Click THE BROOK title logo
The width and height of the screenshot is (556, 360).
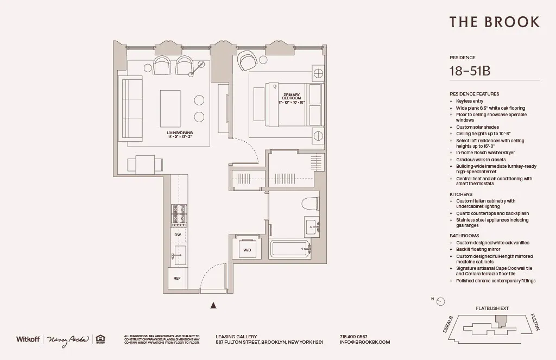click(x=494, y=22)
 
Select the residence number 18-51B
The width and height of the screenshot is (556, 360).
click(x=470, y=71)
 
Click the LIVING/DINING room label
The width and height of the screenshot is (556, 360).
click(x=180, y=135)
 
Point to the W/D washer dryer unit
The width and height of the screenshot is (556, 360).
click(x=247, y=249)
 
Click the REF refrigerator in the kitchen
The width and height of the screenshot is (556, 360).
click(x=177, y=278)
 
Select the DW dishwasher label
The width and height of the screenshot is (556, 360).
click(x=178, y=235)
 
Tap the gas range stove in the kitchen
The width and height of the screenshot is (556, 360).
click(x=179, y=214)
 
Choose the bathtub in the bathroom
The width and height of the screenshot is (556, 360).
click(x=290, y=249)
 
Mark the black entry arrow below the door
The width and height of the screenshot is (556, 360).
click(x=213, y=306)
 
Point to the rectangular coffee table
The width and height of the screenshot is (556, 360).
click(x=170, y=107)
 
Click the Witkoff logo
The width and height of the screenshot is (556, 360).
click(x=28, y=339)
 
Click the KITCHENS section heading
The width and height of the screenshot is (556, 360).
click(x=461, y=194)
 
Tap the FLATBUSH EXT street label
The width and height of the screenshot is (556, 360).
click(x=492, y=308)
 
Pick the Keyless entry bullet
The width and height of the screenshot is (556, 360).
click(x=470, y=101)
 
